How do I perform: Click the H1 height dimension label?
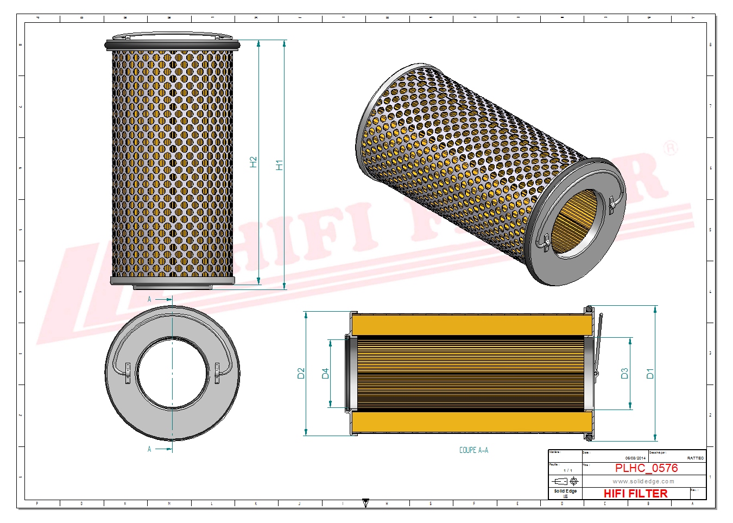click(x=280, y=165)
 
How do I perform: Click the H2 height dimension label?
click(x=254, y=162)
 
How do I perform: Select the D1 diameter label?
click(x=650, y=373)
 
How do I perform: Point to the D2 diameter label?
click(x=301, y=373)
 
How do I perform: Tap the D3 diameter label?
click(x=624, y=373)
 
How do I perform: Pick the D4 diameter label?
click(x=325, y=373)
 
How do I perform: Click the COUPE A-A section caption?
click(x=473, y=450)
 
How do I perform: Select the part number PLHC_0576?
click(x=646, y=468)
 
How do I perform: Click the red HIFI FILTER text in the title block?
click(x=635, y=493)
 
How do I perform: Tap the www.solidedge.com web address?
click(x=643, y=481)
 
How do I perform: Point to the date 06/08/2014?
click(x=635, y=458)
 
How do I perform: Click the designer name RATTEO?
click(x=695, y=458)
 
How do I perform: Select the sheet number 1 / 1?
click(x=567, y=470)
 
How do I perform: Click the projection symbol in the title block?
click(x=565, y=481)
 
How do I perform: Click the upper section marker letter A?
click(x=150, y=299)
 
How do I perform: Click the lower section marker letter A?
click(x=150, y=449)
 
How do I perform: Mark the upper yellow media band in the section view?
click(x=471, y=325)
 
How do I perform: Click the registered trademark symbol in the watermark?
click(x=671, y=148)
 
